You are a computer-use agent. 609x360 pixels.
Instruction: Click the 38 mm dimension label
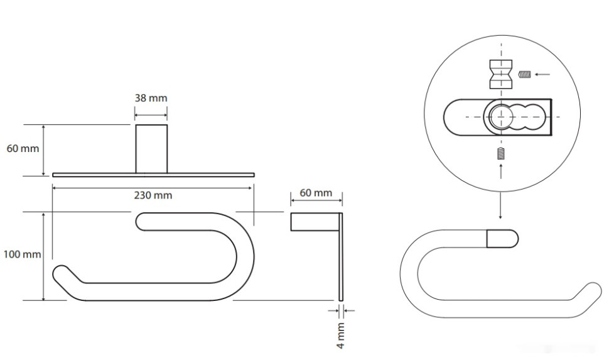[151, 98]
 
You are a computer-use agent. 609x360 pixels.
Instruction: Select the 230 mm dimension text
[153, 195]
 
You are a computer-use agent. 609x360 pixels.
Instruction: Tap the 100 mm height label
[22, 254]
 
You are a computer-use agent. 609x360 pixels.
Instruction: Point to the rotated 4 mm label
[340, 335]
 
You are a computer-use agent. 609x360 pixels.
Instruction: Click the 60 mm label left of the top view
[23, 148]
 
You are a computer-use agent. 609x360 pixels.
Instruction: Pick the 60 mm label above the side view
[316, 193]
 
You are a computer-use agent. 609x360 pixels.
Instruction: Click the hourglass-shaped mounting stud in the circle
[501, 74]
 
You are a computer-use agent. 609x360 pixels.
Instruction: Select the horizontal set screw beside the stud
[525, 74]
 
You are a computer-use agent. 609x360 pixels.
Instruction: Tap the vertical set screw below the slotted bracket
[501, 154]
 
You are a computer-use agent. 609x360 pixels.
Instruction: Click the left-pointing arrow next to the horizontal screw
[542, 74]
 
